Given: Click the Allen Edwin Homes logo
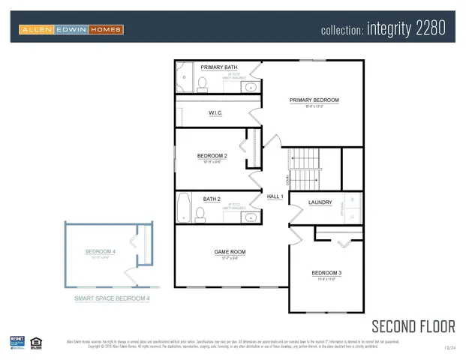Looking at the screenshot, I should [x=71, y=29].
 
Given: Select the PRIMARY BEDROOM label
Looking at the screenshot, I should [x=314, y=100].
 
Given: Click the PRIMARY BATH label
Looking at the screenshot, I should [x=218, y=67].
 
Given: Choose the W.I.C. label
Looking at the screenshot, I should [x=217, y=113].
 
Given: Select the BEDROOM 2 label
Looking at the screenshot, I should [x=212, y=156].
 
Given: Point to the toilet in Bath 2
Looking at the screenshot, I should [x=200, y=214].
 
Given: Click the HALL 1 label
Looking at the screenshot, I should [x=275, y=196].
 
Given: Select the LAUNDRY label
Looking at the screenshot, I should [x=320, y=202].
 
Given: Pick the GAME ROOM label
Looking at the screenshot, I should [x=230, y=252].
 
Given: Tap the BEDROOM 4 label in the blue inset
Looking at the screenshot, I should [x=101, y=250].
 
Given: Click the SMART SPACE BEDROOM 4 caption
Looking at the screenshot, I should [x=112, y=298].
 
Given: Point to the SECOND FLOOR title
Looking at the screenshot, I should [x=413, y=325].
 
